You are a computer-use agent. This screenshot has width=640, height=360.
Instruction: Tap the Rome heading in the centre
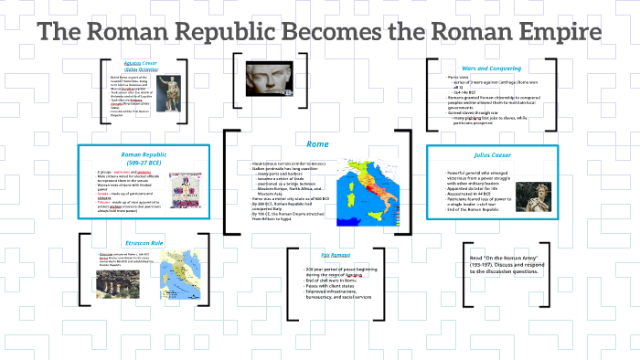point(317,143)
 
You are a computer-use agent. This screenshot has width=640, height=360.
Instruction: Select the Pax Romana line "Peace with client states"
point(334,286)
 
